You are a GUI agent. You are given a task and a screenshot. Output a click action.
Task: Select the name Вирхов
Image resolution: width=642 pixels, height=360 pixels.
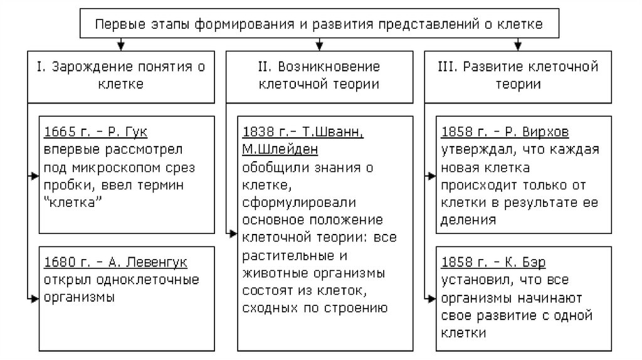click(557, 132)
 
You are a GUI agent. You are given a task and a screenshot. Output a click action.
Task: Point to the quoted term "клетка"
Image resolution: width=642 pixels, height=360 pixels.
click(72, 203)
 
